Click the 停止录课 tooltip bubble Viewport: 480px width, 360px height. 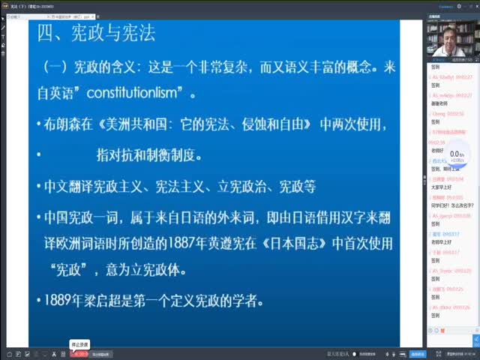click(79, 344)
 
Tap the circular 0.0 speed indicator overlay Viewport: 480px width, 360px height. click(455, 156)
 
